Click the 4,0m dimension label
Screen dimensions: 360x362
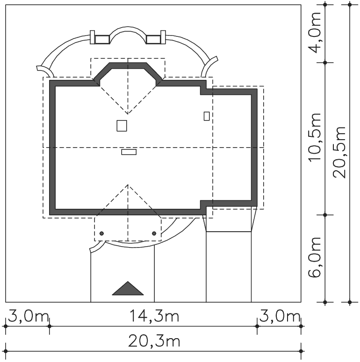(x=315, y=33)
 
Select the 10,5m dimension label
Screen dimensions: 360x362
(x=315, y=138)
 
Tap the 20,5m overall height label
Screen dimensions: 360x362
(x=339, y=152)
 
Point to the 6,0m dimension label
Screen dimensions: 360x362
(x=315, y=257)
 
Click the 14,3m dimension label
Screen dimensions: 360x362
(x=154, y=316)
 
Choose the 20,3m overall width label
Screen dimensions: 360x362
(x=154, y=341)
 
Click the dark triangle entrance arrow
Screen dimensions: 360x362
(x=128, y=288)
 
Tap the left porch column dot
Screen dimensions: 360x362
(x=101, y=234)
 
